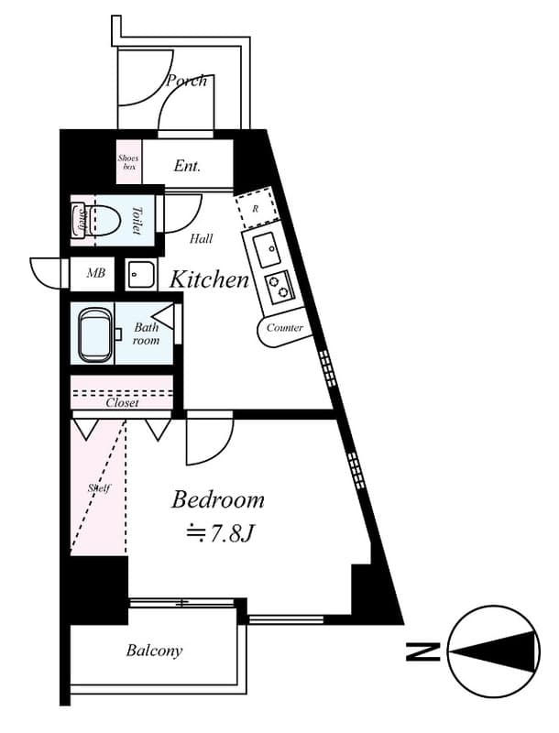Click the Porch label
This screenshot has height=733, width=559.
186,81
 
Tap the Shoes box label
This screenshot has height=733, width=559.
128,162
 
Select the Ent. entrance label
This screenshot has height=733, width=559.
187,167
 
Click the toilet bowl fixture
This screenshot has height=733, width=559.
104,221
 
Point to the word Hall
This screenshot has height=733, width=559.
202,239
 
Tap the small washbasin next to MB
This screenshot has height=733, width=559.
141,273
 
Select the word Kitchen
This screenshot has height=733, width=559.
210,279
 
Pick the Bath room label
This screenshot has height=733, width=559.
147,334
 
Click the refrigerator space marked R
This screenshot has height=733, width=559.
256,209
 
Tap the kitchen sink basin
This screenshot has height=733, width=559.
268,247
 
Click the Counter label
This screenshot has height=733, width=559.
284,328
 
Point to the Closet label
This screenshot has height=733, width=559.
122,402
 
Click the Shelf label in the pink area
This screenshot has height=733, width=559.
98,487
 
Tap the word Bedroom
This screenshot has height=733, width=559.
218,500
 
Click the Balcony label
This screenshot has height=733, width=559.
154,651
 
